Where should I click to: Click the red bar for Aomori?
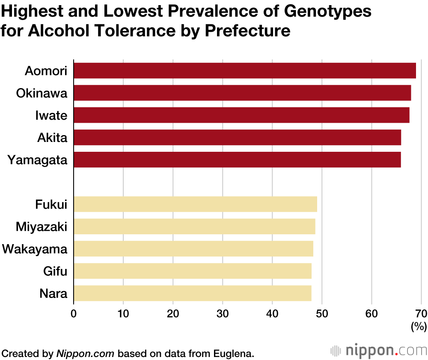(244, 71)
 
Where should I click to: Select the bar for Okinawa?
(242, 93)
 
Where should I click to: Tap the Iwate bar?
(241, 115)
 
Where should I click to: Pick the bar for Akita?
(237, 137)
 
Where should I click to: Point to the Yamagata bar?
(237, 159)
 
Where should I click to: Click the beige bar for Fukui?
(195, 204)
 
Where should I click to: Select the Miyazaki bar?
(194, 226)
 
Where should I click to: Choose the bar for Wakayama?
(193, 248)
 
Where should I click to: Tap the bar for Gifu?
(193, 271)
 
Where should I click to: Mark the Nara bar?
(193, 293)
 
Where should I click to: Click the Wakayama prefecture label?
(35, 249)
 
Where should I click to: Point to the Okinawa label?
(42, 93)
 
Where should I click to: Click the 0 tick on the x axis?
(74, 313)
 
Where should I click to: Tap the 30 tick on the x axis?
(223, 313)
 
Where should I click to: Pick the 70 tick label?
(421, 313)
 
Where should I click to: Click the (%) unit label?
(419, 327)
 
